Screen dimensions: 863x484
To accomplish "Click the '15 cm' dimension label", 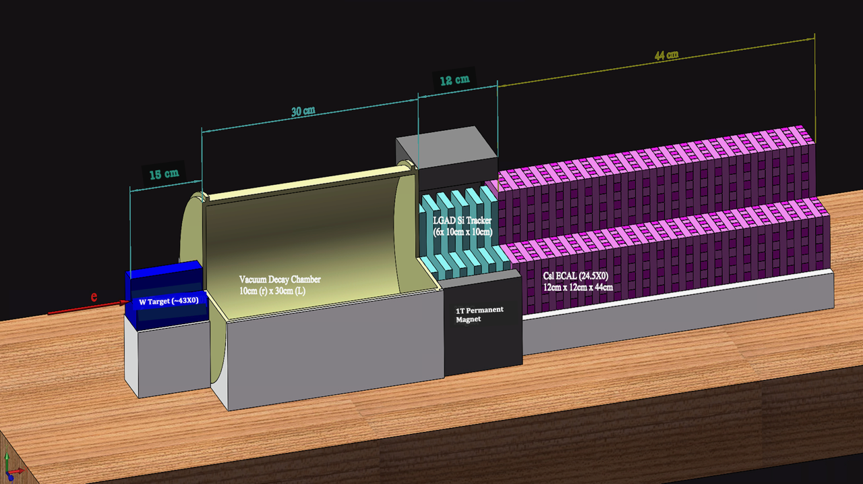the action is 164,174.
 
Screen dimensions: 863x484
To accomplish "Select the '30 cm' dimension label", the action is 303,111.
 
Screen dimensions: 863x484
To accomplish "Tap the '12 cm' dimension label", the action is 454,80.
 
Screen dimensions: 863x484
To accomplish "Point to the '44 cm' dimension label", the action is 667,55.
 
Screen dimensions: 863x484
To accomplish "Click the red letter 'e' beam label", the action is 94,296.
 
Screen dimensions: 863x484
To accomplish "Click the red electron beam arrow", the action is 89,308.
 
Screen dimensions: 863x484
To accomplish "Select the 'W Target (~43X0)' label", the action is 169,301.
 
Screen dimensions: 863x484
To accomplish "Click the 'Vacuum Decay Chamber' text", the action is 280,279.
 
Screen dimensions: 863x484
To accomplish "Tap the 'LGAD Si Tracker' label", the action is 463,221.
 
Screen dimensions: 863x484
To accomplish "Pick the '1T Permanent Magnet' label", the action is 479,315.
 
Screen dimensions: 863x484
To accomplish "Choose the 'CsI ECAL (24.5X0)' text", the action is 576,275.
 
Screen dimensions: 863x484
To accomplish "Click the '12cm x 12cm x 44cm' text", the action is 578,288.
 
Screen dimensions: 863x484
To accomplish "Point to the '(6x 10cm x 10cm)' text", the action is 463,232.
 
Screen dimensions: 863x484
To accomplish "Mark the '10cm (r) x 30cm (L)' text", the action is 272,291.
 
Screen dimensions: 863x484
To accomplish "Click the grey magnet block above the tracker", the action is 447,158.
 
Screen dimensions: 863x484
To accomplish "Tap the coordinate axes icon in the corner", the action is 11,467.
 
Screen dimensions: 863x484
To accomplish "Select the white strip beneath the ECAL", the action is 678,293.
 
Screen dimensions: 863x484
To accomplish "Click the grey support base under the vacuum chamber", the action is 331,347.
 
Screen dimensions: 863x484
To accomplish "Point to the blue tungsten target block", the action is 166,295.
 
